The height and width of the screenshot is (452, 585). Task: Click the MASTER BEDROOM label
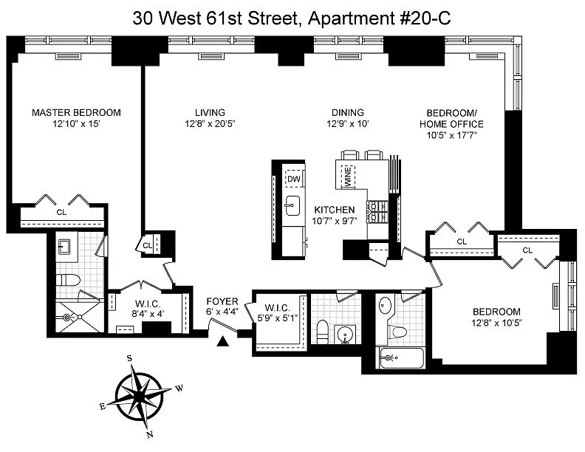pyautogui.click(x=76, y=112)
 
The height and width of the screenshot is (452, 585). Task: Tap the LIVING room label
pyautogui.click(x=210, y=112)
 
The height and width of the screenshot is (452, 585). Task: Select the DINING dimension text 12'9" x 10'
pyautogui.click(x=348, y=124)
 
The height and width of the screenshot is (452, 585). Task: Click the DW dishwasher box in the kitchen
pyautogui.click(x=294, y=179)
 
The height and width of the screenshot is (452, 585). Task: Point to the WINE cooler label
pyautogui.click(x=348, y=177)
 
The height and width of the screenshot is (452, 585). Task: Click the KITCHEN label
pyautogui.click(x=335, y=210)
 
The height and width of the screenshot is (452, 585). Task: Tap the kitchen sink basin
pyautogui.click(x=293, y=205)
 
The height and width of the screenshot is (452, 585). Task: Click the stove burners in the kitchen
pyautogui.click(x=377, y=212)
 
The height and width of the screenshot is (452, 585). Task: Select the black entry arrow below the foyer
pyautogui.click(x=223, y=341)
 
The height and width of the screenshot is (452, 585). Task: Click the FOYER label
pyautogui.click(x=222, y=301)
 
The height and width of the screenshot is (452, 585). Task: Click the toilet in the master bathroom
pyautogui.click(x=68, y=280)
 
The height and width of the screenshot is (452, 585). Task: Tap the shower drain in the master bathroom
pyautogui.click(x=67, y=318)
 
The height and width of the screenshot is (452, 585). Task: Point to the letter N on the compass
pyautogui.click(x=150, y=435)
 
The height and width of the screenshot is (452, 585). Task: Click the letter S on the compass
pyautogui.click(x=129, y=359)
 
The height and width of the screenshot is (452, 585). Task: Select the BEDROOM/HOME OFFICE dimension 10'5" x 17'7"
pyautogui.click(x=452, y=135)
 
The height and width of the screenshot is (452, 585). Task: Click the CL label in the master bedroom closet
pyautogui.click(x=61, y=212)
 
